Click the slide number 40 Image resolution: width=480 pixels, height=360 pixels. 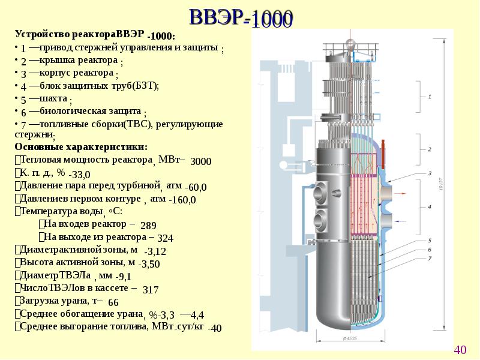(460, 350)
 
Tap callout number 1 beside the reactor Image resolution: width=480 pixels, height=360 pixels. (430, 95)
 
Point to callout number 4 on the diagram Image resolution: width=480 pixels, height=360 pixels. (430, 206)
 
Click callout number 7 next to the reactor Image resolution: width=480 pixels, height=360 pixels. (430, 258)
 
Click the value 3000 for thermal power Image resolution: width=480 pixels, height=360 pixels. (200, 162)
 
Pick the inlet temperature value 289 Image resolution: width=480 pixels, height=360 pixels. (148, 226)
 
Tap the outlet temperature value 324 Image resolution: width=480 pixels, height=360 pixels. (165, 239)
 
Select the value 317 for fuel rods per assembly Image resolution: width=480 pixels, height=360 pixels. (151, 290)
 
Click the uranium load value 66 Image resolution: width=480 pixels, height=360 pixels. (113, 302)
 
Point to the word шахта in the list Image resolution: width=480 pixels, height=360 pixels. (53, 98)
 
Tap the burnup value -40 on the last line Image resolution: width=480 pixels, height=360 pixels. (214, 328)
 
